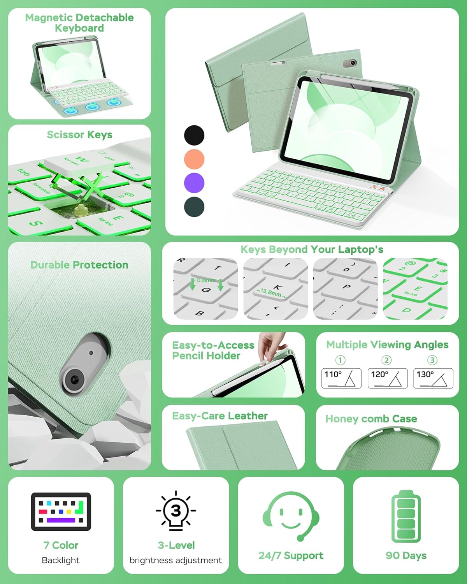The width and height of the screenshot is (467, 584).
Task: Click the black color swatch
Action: [194, 135]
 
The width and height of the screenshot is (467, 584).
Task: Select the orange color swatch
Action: [194, 159]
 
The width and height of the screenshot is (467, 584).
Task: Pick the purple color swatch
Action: [194, 183]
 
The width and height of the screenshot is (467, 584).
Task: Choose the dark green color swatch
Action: [194, 207]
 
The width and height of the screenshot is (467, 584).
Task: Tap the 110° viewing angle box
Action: [341, 378]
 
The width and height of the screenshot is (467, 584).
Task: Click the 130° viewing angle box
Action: [433, 378]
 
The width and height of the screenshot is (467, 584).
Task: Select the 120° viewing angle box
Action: [388, 378]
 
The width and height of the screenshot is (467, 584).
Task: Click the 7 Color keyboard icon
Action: [61, 512]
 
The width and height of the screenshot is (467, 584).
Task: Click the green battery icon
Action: [406, 516]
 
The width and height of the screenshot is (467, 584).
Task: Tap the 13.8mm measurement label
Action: [271, 292]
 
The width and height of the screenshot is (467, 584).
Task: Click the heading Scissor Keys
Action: [79, 135]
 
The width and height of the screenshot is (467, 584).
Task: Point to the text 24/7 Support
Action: [291, 556]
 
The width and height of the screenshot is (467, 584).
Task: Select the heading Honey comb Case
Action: [371, 419]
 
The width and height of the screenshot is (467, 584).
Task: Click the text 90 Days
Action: [406, 556]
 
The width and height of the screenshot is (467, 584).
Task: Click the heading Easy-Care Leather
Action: [219, 416]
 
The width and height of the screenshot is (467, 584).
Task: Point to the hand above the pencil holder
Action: [272, 345]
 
